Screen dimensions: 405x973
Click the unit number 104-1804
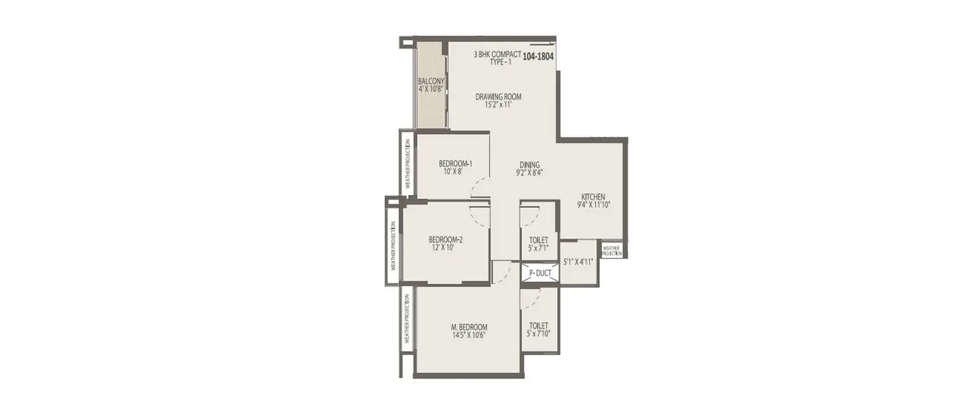pyautogui.click(x=538, y=56)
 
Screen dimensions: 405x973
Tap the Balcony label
pyautogui.click(x=431, y=81)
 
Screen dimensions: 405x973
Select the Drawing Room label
pyautogui.click(x=498, y=97)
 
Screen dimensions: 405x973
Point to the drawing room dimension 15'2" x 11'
pyautogui.click(x=498, y=105)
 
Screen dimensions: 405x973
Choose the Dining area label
pyautogui.click(x=529, y=165)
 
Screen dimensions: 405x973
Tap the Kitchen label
pyautogui.click(x=593, y=196)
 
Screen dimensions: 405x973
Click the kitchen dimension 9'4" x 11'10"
pyautogui.click(x=593, y=205)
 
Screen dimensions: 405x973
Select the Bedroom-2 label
pyautogui.click(x=445, y=238)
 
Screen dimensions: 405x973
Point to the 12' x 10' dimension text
pyautogui.click(x=445, y=247)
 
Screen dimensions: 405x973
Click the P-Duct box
pyautogui.click(x=540, y=273)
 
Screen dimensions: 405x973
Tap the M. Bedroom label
pyautogui.click(x=469, y=327)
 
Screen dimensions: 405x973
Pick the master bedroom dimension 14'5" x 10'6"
pyautogui.click(x=469, y=335)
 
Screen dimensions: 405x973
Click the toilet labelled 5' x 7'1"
pyautogui.click(x=539, y=244)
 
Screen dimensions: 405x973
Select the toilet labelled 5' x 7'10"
pyautogui.click(x=539, y=330)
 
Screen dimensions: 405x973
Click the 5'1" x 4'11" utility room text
pyautogui.click(x=579, y=262)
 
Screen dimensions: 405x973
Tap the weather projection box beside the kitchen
pyautogui.click(x=612, y=250)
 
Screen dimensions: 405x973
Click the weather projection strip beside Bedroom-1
pyautogui.click(x=407, y=163)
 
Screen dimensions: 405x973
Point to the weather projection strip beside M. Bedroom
pyautogui.click(x=407, y=319)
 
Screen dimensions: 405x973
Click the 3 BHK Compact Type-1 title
pyautogui.click(x=498, y=57)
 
